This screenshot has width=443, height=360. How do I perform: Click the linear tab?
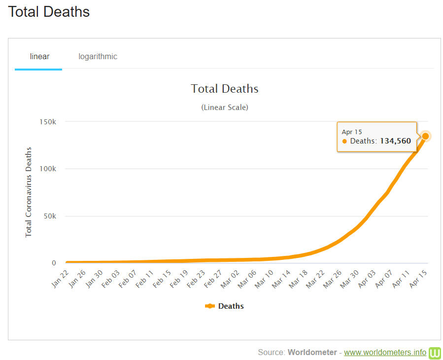tap(39, 56)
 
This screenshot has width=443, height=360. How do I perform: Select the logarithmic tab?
tap(98, 56)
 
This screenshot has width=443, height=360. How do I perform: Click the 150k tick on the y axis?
tap(48, 121)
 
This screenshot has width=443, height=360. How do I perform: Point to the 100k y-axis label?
tap(48, 169)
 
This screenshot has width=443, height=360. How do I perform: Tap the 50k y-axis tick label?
tap(49, 216)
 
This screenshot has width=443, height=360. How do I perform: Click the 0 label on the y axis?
tap(54, 263)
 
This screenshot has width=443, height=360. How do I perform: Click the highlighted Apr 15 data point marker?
tap(425, 136)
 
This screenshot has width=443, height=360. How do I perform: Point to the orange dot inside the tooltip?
tap(344, 141)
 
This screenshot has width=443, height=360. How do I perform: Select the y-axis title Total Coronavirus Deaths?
tap(29, 192)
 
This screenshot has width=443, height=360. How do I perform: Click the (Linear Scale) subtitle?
tap(225, 107)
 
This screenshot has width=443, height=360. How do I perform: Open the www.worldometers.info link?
tap(385, 352)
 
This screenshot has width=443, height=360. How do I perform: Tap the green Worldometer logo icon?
tap(435, 353)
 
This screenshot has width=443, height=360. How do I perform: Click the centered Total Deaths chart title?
tap(225, 89)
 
